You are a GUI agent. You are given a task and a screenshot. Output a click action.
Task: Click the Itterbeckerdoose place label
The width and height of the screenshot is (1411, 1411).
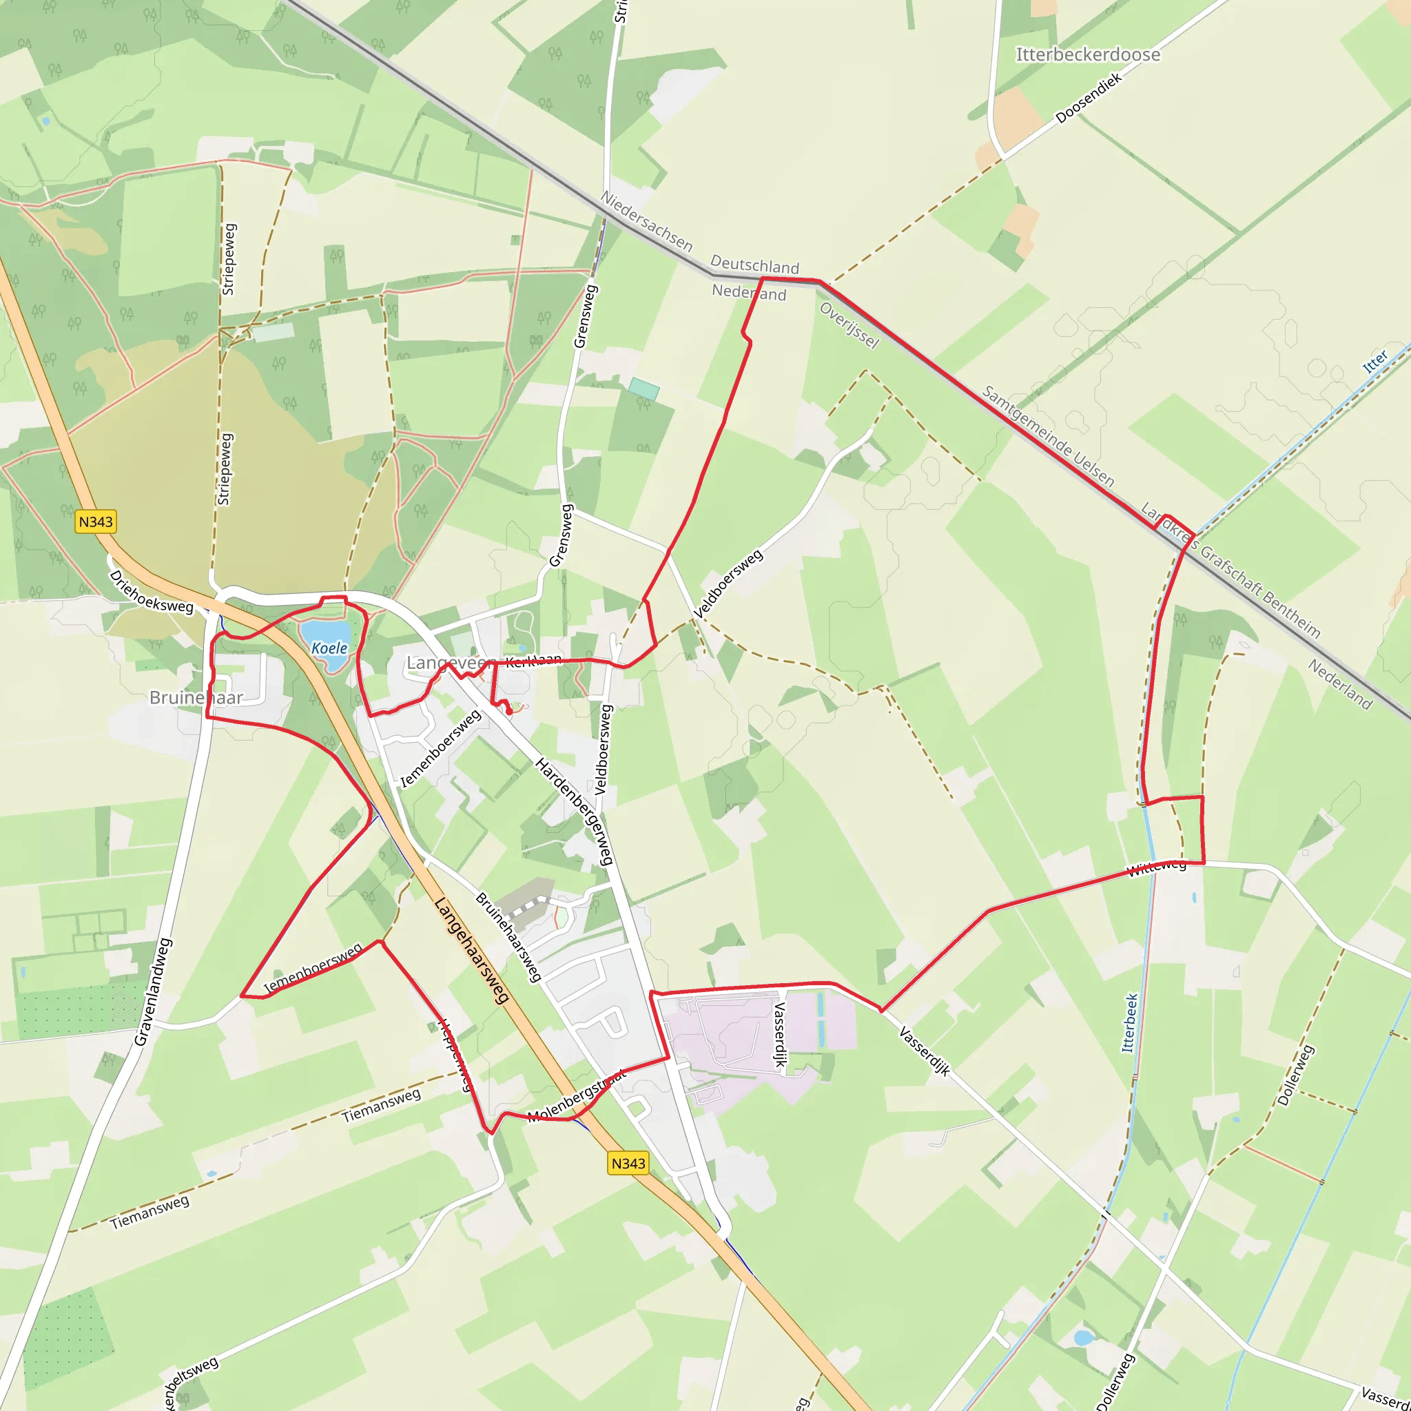pyautogui.click(x=1087, y=55)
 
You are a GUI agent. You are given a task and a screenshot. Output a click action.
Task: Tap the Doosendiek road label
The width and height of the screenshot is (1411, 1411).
pyautogui.click(x=1087, y=99)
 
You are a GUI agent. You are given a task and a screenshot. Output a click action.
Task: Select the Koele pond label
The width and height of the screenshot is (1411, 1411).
pyautogui.click(x=329, y=648)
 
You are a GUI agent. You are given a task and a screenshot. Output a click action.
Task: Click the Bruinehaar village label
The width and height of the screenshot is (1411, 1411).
pyautogui.click(x=196, y=697)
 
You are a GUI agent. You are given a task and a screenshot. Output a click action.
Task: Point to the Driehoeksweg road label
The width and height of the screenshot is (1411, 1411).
pyautogui.click(x=151, y=592)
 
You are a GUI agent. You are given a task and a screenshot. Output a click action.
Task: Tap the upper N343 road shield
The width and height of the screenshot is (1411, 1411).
pyautogui.click(x=96, y=522)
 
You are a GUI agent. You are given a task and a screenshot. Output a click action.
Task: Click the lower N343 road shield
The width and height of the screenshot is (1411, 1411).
pyautogui.click(x=628, y=1163)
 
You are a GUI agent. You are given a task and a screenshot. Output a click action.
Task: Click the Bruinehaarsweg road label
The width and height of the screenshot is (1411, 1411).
pyautogui.click(x=509, y=937)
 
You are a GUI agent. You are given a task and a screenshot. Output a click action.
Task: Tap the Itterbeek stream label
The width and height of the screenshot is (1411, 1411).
pyautogui.click(x=1129, y=1022)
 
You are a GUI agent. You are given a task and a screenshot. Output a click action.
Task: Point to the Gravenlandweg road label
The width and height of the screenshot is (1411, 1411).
pyautogui.click(x=153, y=992)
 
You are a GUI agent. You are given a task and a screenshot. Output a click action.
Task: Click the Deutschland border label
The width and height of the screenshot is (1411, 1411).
pyautogui.click(x=754, y=264)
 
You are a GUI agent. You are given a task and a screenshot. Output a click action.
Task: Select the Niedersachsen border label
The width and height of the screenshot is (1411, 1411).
pyautogui.click(x=646, y=220)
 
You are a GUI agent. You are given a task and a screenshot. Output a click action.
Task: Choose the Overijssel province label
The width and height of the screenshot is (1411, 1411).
pyautogui.click(x=849, y=325)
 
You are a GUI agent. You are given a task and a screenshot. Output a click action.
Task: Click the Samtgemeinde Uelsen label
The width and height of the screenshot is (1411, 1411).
pyautogui.click(x=1048, y=436)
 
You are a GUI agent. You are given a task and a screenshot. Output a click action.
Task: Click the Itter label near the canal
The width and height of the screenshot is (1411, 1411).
pyautogui.click(x=1375, y=362)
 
